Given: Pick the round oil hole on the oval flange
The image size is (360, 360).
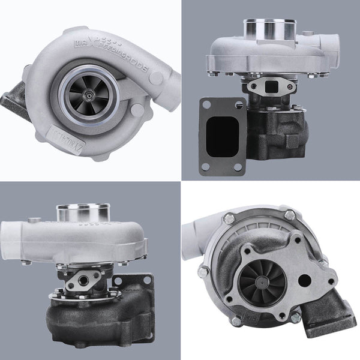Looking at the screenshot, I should tap(79, 280).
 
